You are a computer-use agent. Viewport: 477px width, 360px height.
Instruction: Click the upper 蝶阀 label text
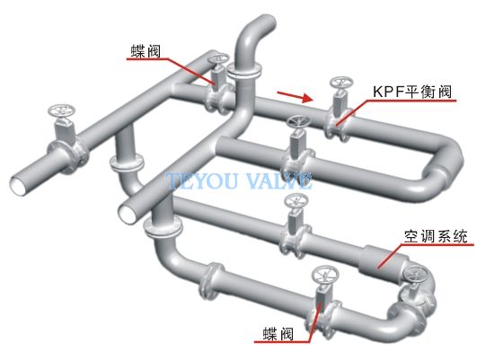tap(146, 51)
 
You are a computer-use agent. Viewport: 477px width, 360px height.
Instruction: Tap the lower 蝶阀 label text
tap(278, 334)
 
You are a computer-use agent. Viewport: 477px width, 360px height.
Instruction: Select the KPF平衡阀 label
tap(412, 92)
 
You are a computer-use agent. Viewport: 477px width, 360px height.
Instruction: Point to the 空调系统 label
tap(436, 236)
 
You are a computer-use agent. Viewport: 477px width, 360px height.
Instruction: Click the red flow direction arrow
tap(295, 96)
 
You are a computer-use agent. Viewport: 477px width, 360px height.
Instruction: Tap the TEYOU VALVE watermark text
tap(240, 180)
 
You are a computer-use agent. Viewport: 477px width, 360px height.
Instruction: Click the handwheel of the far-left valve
tap(62, 111)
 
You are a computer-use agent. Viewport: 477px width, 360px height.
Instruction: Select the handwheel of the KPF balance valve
tap(341, 83)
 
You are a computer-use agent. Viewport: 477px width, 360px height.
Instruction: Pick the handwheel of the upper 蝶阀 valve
tap(217, 58)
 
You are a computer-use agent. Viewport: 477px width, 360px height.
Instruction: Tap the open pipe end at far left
tap(19, 185)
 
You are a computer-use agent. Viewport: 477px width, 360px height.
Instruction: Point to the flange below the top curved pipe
tap(244, 72)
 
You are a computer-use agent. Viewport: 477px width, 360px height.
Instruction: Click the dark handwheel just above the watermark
tap(298, 122)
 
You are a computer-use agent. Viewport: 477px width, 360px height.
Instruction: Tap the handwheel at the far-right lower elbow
tap(416, 274)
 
